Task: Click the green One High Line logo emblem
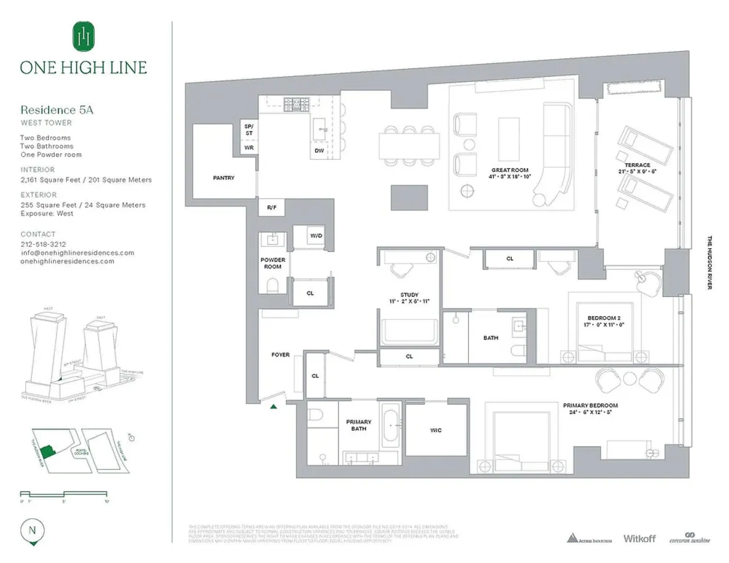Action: click(x=83, y=36)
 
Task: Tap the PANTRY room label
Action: click(x=224, y=178)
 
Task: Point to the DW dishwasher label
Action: click(x=319, y=151)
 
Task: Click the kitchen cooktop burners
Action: click(x=296, y=104)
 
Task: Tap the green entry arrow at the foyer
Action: click(x=273, y=406)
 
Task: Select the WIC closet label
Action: click(x=436, y=430)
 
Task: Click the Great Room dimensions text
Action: click(x=509, y=176)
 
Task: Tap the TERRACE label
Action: click(x=637, y=165)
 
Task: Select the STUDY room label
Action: click(x=409, y=294)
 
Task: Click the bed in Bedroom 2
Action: click(x=604, y=334)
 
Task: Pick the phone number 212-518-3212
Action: click(x=43, y=244)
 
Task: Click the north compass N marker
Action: click(x=32, y=530)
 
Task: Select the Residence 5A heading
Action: click(x=57, y=110)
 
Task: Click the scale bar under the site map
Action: click(x=64, y=493)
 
